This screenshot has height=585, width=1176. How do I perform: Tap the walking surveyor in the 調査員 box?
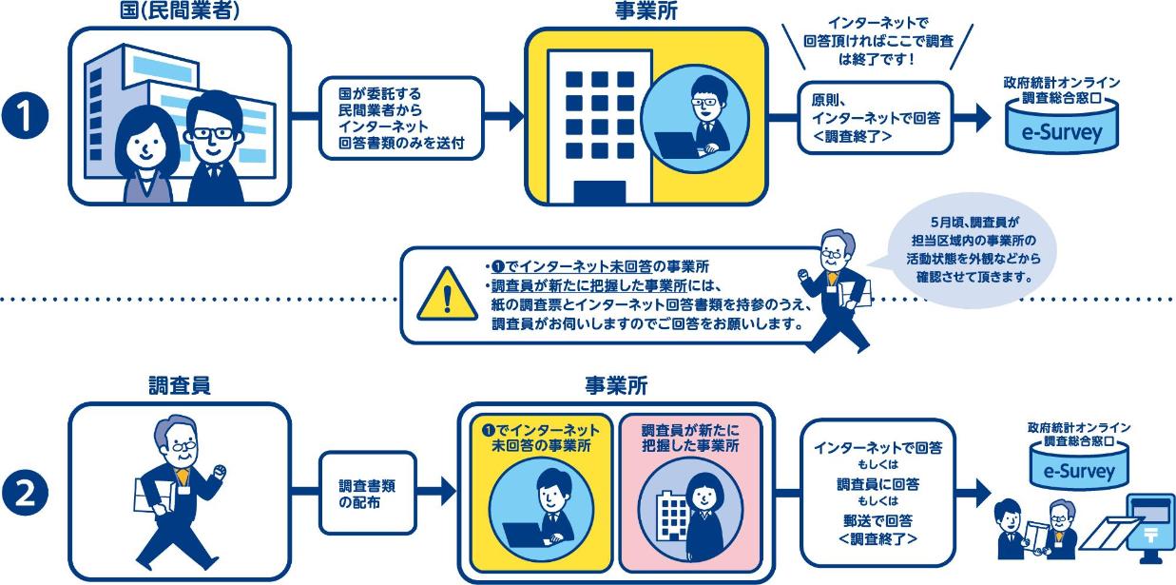coord(179,495)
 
